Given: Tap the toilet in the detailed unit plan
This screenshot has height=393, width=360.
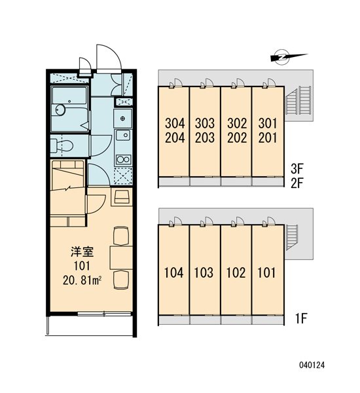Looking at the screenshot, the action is pyautogui.click(x=62, y=145).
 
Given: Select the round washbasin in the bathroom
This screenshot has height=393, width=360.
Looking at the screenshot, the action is pyautogui.click(x=60, y=110).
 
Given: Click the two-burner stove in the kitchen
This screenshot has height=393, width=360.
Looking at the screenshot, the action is pyautogui.click(x=123, y=159).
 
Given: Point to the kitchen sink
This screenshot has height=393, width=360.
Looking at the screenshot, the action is pyautogui.click(x=123, y=136).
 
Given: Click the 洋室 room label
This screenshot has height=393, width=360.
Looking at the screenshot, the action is pyautogui.click(x=82, y=252).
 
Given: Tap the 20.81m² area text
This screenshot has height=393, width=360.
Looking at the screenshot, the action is pyautogui.click(x=82, y=281).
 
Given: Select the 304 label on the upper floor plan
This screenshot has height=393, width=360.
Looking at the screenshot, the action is pyautogui.click(x=175, y=123).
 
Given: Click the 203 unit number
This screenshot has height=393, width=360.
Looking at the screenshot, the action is pyautogui.click(x=205, y=138).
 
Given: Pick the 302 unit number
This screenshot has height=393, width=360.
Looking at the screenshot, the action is pyautogui.click(x=237, y=123).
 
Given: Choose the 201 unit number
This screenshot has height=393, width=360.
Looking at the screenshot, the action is pyautogui.click(x=268, y=138).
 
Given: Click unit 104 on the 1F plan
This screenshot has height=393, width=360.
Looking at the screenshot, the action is pyautogui.click(x=173, y=272).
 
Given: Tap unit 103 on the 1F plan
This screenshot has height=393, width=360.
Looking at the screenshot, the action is pyautogui.click(x=204, y=272).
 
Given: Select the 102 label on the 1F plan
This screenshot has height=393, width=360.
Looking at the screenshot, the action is pyautogui.click(x=236, y=272).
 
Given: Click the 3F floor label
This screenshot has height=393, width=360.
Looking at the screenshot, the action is pyautogui.click(x=297, y=169).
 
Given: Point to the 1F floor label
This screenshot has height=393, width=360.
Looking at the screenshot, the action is pyautogui.click(x=301, y=318).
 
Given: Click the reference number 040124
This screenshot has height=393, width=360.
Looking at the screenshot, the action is pyautogui.click(x=312, y=365).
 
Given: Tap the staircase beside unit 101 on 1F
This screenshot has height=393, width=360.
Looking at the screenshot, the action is pyautogui.click(x=292, y=237).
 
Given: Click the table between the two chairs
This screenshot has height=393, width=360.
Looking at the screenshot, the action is pyautogui.click(x=121, y=258).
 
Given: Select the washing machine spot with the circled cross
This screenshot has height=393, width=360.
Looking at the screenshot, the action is pyautogui.click(x=123, y=119).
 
